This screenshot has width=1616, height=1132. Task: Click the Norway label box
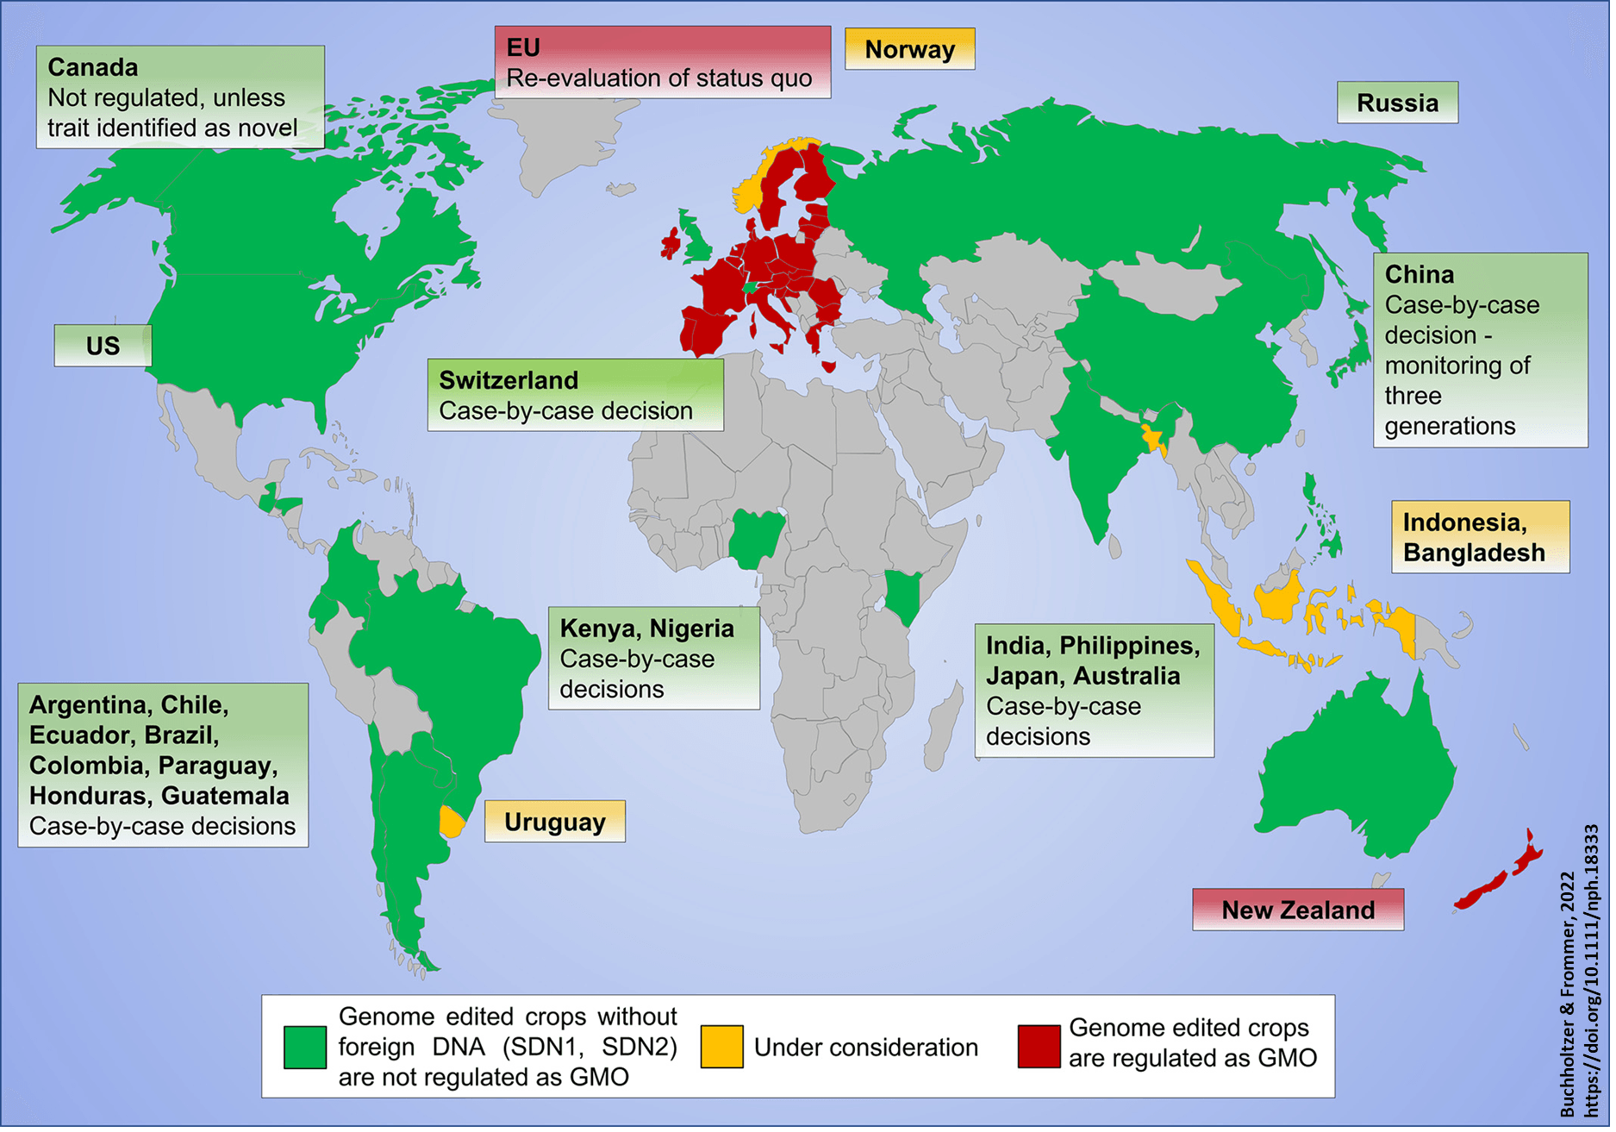[x=909, y=49]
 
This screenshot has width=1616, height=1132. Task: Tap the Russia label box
[x=1397, y=103]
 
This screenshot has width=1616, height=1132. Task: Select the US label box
[x=103, y=346]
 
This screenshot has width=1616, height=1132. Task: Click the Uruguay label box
[x=554, y=822]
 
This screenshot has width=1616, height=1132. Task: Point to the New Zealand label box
[x=1297, y=910]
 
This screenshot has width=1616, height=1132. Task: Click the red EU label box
[x=662, y=62]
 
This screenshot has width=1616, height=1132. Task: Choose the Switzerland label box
[x=575, y=395]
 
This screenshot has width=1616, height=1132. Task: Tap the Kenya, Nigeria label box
[x=653, y=658]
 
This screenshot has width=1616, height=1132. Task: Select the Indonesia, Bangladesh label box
[x=1480, y=537]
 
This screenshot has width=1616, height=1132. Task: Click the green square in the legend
[x=305, y=1047]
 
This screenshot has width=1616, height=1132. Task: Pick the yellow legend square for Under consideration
[x=721, y=1047]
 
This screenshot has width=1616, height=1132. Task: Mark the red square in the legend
[x=1039, y=1047]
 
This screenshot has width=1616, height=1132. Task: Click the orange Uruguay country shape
[x=452, y=822]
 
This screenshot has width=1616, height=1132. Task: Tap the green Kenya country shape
[x=903, y=593]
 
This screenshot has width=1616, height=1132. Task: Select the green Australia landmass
[x=1353, y=767]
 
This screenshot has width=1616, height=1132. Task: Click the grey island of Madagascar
[x=943, y=724]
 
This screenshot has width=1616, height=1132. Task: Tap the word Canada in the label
[x=93, y=67]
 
